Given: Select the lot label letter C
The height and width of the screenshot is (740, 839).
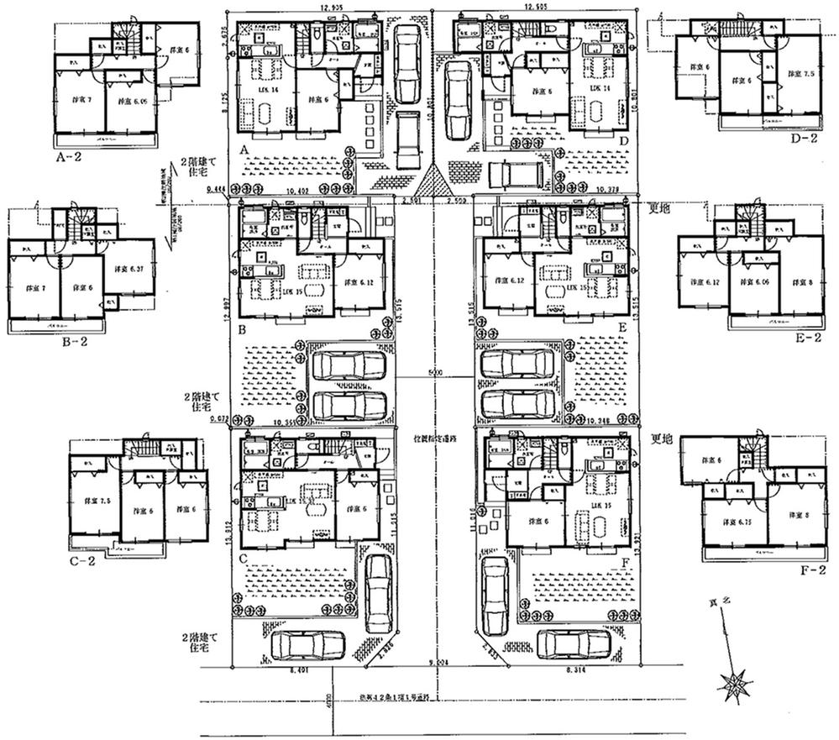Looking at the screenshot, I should point(243,556).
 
